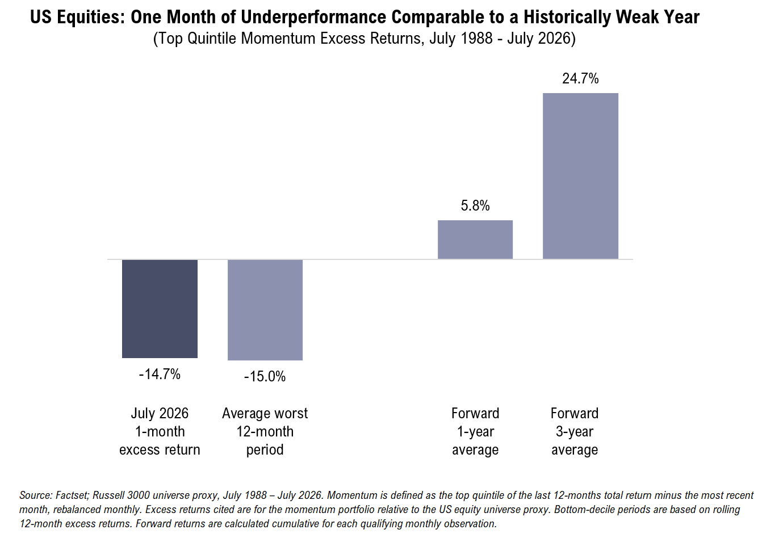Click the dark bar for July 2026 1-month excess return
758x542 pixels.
tap(160, 309)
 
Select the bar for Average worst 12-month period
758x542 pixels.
tap(265, 309)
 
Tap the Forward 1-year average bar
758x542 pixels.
tap(475, 240)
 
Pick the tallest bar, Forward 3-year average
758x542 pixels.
tap(580, 176)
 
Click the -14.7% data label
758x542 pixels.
tap(160, 375)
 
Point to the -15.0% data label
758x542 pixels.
tap(265, 376)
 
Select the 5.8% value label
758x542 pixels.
tap(475, 205)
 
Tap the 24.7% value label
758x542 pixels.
tap(580, 78)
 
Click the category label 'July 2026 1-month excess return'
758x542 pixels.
tap(160, 431)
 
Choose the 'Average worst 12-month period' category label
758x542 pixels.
tap(265, 431)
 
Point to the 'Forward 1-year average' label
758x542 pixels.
tap(475, 431)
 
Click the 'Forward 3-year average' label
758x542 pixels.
tap(575, 431)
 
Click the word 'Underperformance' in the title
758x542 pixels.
tap(313, 18)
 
